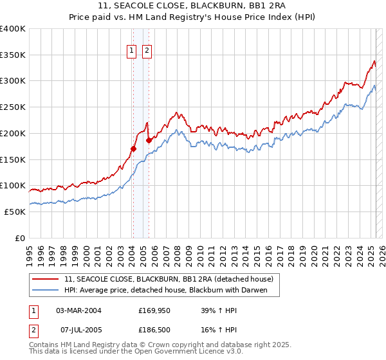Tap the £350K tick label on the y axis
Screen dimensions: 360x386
pos(13,55)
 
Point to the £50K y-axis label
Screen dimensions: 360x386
pos(15,212)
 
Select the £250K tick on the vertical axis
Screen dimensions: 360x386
pos(13,107)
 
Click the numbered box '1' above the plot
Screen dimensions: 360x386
pos(132,50)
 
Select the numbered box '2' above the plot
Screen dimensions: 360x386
pos(147,50)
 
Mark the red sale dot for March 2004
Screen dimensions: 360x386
pos(133,148)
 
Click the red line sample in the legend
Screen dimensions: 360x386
pos(46,279)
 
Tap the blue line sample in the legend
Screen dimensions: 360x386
pos(46,289)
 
